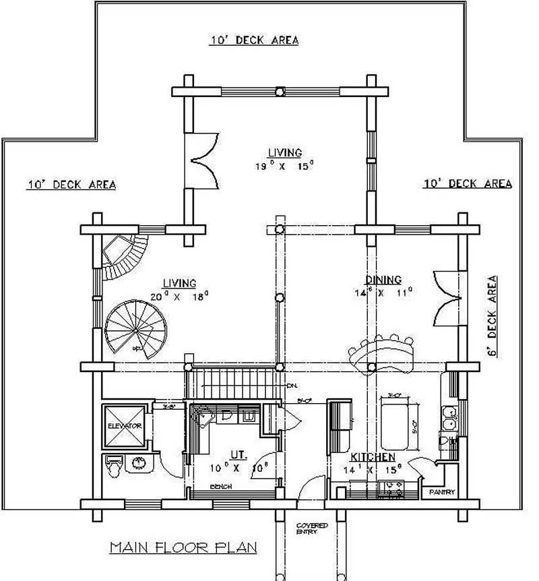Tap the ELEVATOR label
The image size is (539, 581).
pos(124,427)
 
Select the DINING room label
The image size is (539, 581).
pos(383,280)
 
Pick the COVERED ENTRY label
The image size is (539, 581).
pos(312,528)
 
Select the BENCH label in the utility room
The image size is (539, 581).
pos(220,486)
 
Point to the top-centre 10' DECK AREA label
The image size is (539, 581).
pos(254,40)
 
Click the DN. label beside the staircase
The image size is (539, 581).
pos(291,386)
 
